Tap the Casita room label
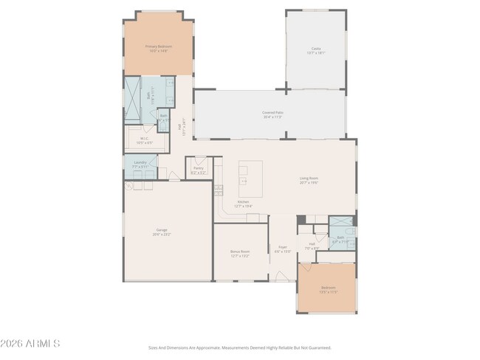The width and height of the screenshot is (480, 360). [315, 48]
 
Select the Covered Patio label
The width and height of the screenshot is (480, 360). [272, 112]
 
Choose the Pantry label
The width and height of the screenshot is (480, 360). [198, 168]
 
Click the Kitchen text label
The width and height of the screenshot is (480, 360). [243, 202]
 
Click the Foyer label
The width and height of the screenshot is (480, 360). [282, 247]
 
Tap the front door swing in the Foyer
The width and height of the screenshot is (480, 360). [281, 275]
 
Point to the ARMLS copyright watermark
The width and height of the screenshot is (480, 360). [30, 343]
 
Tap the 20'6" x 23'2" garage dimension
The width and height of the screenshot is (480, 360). [161, 234]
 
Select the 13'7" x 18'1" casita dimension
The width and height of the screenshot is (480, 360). [315, 52]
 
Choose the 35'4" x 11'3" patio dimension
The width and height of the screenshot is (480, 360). [272, 117]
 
